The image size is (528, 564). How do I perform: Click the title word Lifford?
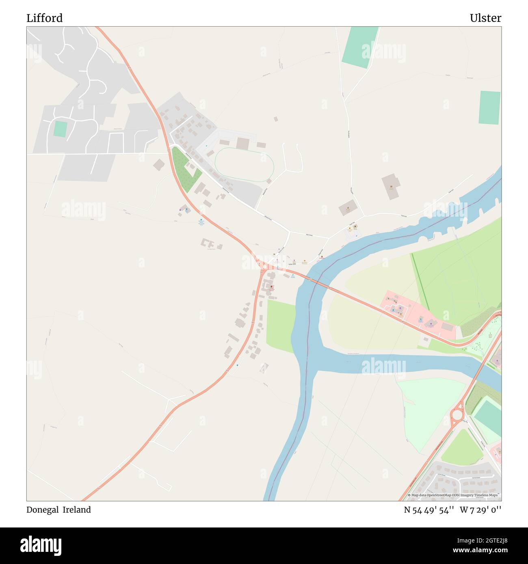click(45, 18)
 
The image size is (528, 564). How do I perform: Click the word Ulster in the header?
click(485, 18)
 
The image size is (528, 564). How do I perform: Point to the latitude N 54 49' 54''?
click(428, 510)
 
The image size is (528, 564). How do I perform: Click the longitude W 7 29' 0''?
click(480, 510)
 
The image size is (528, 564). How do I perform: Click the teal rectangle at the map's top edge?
click(359, 47)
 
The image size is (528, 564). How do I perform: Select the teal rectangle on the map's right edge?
click(489, 108)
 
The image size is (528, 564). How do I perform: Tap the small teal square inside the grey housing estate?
click(60, 129)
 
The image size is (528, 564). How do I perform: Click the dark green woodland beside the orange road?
click(185, 170)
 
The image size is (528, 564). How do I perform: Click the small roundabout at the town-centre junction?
click(264, 267)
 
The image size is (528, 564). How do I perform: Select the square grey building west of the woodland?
click(159, 165)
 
